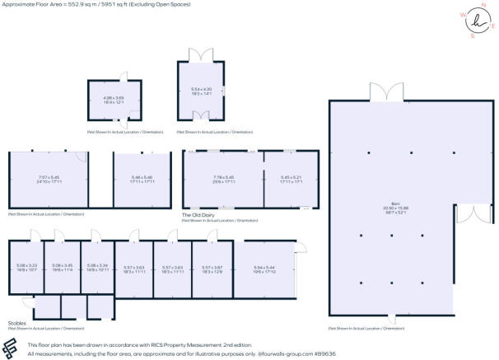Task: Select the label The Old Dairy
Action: [198, 215]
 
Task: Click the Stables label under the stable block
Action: [17, 323]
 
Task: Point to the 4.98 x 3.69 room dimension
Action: [114, 97]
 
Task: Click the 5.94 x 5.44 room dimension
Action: [265, 267]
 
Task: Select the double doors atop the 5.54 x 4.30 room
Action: [201, 55]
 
